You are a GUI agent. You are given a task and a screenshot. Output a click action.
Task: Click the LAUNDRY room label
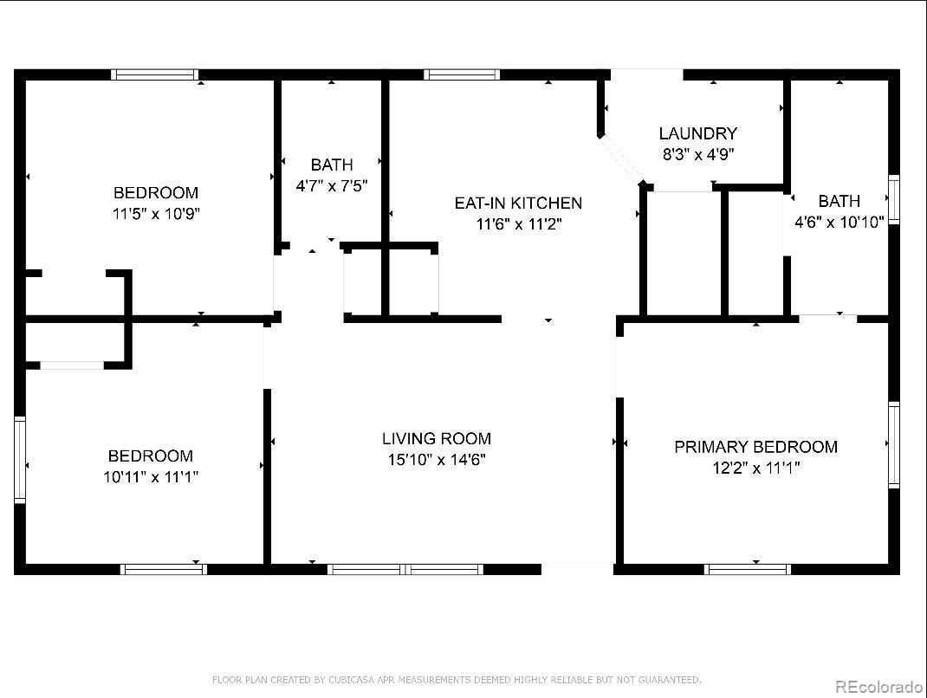(697, 133)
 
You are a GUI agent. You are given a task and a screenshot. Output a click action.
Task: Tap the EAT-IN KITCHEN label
(518, 204)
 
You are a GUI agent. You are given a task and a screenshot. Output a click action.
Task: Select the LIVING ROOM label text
(437, 439)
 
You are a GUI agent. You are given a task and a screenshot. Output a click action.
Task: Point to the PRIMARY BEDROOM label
(755, 447)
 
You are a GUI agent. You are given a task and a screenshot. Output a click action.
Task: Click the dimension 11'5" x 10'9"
(156, 214)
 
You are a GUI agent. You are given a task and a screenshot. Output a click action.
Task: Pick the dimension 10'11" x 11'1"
(151, 477)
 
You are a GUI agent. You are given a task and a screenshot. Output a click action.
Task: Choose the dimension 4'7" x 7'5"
(332, 185)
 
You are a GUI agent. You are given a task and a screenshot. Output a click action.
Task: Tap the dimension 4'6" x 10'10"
(839, 223)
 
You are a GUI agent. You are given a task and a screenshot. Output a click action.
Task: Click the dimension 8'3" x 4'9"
(697, 155)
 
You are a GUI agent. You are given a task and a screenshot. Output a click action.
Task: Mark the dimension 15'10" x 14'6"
(437, 460)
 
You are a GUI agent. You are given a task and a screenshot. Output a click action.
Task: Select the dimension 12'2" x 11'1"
(755, 469)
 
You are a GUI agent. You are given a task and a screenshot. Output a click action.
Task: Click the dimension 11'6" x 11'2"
(518, 224)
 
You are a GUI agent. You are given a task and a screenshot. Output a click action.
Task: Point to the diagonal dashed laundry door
(622, 159)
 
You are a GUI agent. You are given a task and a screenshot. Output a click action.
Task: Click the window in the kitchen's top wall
(462, 75)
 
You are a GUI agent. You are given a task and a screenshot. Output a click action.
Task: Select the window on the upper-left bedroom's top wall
(156, 75)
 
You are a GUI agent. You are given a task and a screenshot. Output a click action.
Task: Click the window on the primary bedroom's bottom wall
(747, 569)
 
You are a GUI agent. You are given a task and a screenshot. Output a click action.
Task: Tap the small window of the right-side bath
(894, 199)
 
